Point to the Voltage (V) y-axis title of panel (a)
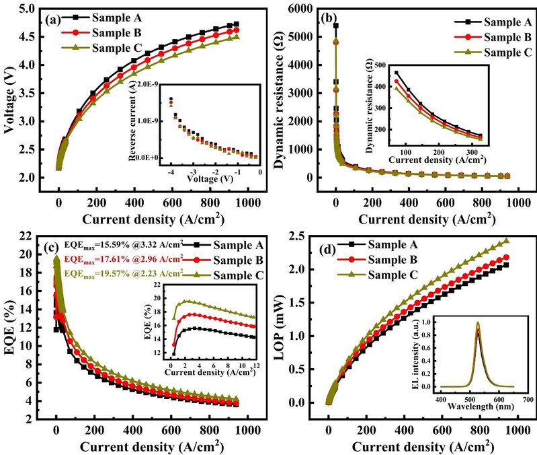[11, 94]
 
